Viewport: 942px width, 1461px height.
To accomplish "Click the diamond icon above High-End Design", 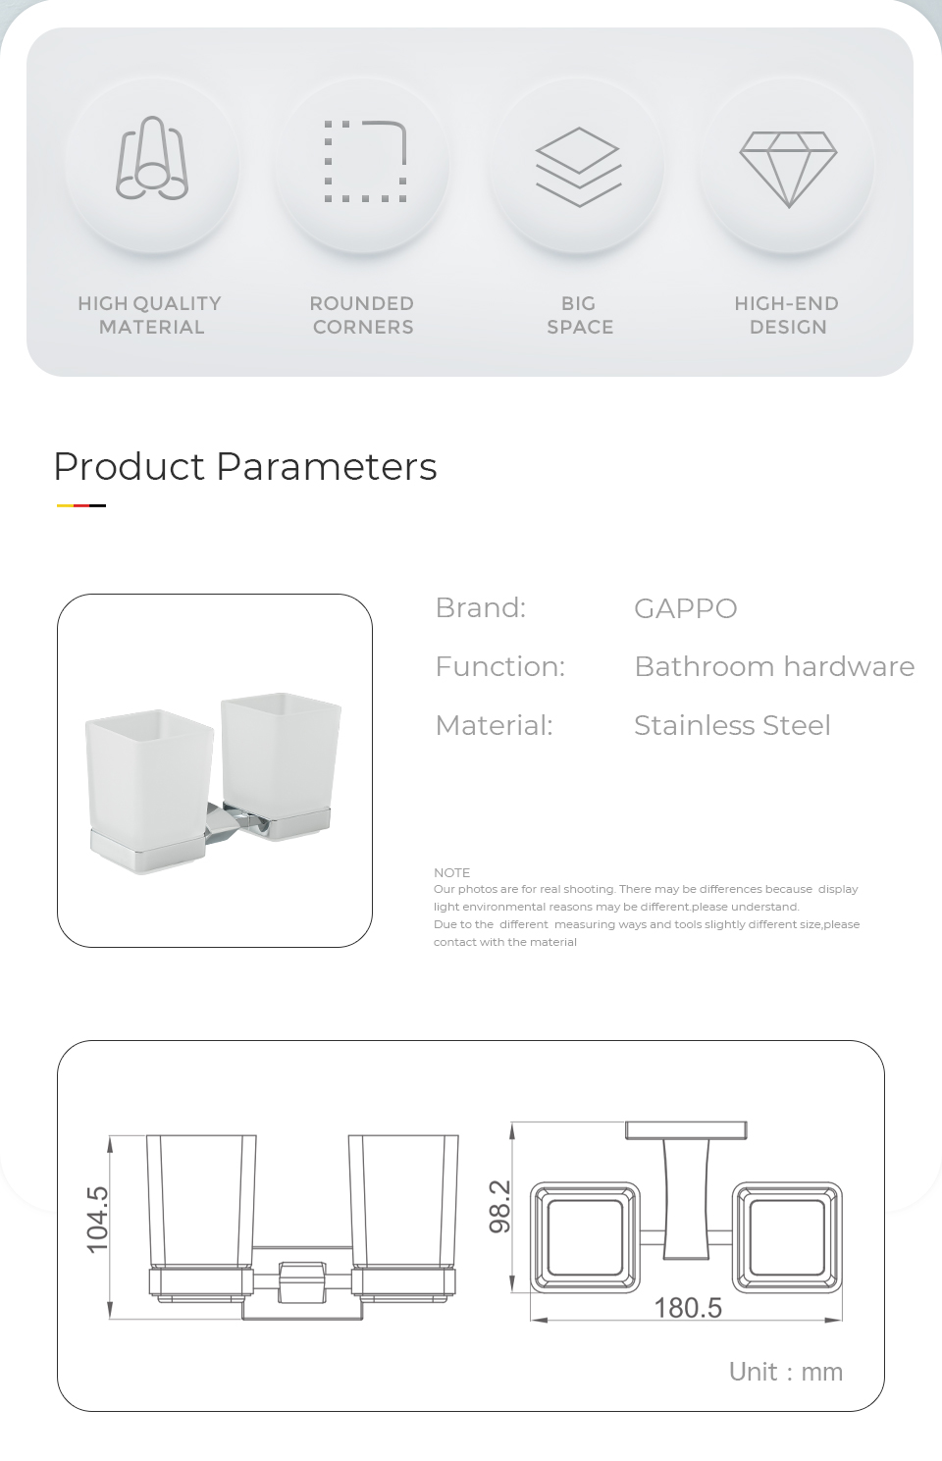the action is pyautogui.click(x=788, y=170).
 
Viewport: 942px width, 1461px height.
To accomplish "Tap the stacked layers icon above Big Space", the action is pyautogui.click(x=578, y=167).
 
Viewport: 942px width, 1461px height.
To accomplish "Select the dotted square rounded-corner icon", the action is pyautogui.click(x=365, y=161).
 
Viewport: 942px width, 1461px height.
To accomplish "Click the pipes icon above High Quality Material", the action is pyautogui.click(x=152, y=159).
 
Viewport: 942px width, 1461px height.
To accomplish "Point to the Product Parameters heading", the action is pyautogui.click(x=245, y=467).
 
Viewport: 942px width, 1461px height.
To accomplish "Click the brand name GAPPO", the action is pyautogui.click(x=686, y=608).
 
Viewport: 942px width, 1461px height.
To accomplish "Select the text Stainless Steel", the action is pyautogui.click(x=732, y=725).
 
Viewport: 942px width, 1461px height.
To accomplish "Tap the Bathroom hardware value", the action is pyautogui.click(x=774, y=666).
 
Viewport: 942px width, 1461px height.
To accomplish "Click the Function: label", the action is pyautogui.click(x=499, y=666).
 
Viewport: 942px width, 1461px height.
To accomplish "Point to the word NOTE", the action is pyautogui.click(x=451, y=872).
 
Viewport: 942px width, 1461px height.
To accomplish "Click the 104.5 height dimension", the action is pyautogui.click(x=97, y=1220).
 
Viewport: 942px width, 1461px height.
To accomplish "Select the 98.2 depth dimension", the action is pyautogui.click(x=499, y=1207).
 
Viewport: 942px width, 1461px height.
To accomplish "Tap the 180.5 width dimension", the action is pyautogui.click(x=688, y=1308).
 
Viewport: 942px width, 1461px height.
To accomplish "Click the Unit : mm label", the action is pyautogui.click(x=785, y=1372).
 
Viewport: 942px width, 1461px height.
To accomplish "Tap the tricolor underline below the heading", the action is pyautogui.click(x=80, y=505).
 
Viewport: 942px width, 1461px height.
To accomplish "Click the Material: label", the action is pyautogui.click(x=494, y=725).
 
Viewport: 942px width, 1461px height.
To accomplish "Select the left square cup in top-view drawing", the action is pyautogui.click(x=585, y=1237).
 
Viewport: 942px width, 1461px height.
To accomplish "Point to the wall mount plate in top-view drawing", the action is pyautogui.click(x=686, y=1130).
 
